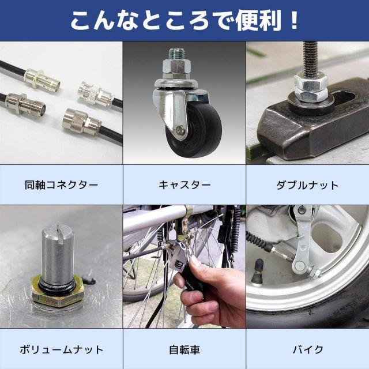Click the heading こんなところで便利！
(184, 20)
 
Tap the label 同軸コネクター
(62, 185)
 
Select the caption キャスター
(184, 185)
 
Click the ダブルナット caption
(307, 185)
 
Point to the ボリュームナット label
(62, 349)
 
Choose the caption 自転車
(184, 349)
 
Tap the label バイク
(307, 349)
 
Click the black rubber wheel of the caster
(194, 130)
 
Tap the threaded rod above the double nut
(311, 58)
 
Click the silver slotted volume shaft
(58, 254)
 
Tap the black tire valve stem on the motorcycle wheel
(257, 271)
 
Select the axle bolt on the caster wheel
(180, 129)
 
